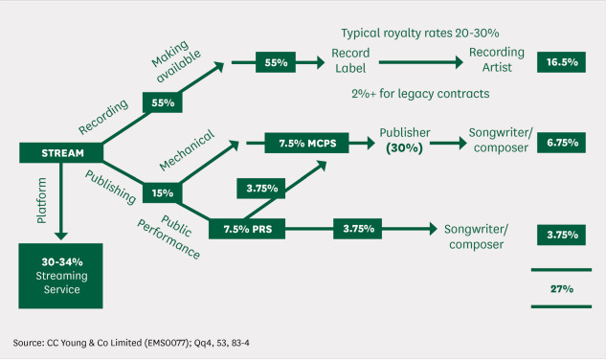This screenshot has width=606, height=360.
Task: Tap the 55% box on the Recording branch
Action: pyautogui.click(x=162, y=101)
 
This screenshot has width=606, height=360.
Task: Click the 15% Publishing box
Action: pyautogui.click(x=162, y=192)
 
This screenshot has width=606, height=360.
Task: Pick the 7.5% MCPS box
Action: pyautogui.click(x=303, y=143)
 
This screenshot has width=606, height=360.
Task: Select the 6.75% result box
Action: pyautogui.click(x=561, y=143)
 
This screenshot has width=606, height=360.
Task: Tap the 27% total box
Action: pyautogui.click(x=561, y=288)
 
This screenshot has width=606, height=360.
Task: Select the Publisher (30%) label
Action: pyautogui.click(x=403, y=141)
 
